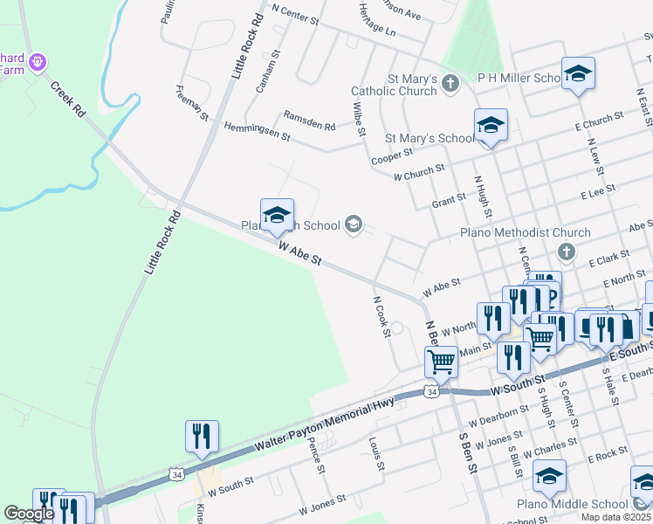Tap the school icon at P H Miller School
[x=578, y=76]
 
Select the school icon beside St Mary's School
[x=491, y=126]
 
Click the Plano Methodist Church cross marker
[x=567, y=252]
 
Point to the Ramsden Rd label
[x=309, y=121]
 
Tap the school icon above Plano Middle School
[x=549, y=477]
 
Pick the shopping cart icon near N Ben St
[x=442, y=361]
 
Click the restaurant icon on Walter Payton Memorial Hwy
[x=202, y=436]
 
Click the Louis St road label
[x=376, y=453]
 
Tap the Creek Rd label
[x=67, y=100]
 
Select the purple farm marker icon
[x=38, y=62]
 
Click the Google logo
[x=29, y=514]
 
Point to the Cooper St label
[x=391, y=154]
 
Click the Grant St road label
[x=449, y=202]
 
